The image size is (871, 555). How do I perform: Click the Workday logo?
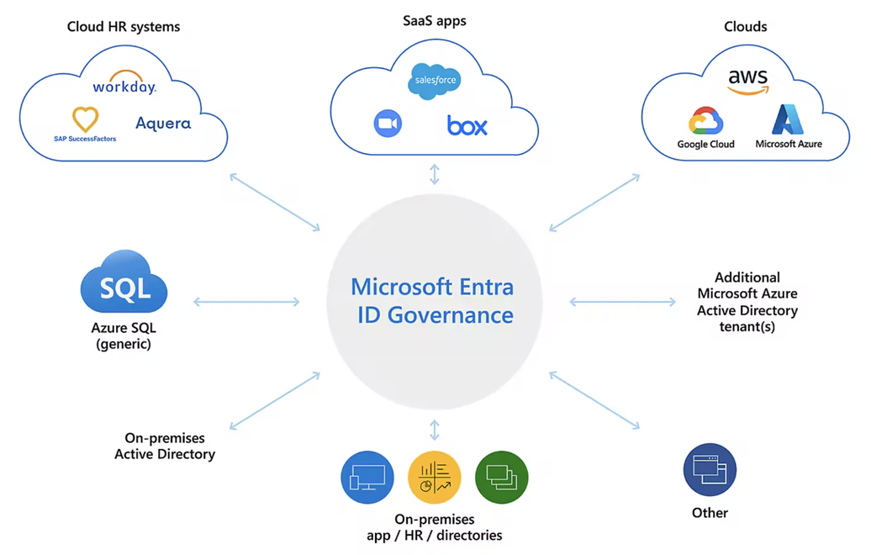[x=124, y=84]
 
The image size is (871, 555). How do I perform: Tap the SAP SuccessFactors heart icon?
[x=85, y=119]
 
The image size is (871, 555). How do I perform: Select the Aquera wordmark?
[x=163, y=124]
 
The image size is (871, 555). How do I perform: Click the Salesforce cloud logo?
[x=435, y=81]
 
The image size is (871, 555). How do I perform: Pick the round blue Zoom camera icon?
[x=388, y=124]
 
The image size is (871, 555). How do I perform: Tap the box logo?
[x=467, y=125]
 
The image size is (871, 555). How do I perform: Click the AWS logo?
[x=747, y=81]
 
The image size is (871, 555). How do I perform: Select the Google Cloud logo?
[x=706, y=123]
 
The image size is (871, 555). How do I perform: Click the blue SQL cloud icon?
[x=124, y=287]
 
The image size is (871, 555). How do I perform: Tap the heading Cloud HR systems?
[x=124, y=27]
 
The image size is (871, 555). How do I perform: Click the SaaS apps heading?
[x=435, y=20]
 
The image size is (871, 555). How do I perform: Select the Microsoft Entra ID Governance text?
[x=432, y=300]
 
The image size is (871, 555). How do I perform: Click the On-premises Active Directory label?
[x=165, y=446]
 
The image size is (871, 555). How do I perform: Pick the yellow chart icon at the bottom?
[x=434, y=477]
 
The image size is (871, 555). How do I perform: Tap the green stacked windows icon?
[x=501, y=477]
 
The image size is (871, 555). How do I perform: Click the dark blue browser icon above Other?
[x=710, y=470]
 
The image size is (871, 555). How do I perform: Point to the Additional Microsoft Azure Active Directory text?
[x=747, y=301]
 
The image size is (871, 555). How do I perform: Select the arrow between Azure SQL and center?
[x=246, y=302]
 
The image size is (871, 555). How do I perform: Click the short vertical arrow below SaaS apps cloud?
[x=435, y=174]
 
